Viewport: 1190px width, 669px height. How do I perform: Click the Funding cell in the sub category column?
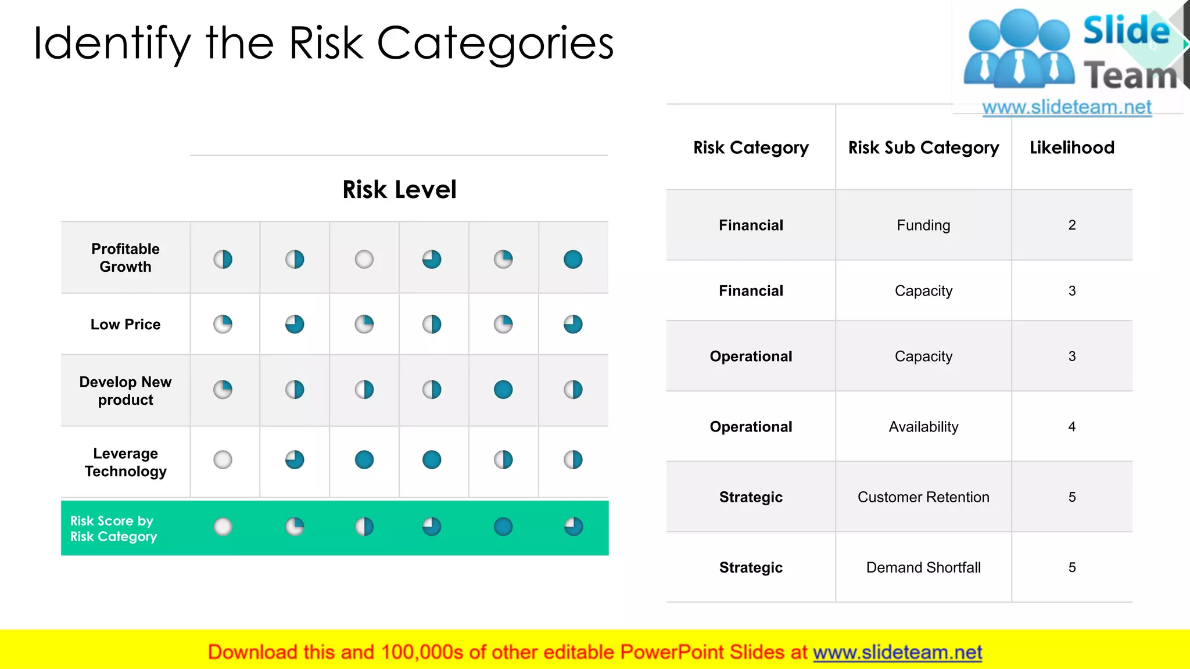point(923,225)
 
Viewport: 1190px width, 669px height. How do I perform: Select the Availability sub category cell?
point(923,427)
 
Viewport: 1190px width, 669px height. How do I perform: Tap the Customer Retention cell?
point(923,497)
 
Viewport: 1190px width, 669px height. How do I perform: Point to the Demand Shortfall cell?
point(923,567)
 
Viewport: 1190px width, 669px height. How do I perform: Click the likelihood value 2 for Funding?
point(1072,225)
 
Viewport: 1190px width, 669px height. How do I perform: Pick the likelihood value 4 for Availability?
point(1072,427)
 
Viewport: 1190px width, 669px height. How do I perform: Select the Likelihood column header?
point(1072,148)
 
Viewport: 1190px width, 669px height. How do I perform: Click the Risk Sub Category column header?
point(923,148)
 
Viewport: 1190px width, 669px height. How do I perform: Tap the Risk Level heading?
point(399,189)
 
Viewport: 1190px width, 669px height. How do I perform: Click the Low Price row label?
point(126,325)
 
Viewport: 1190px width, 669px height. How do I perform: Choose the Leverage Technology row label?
point(126,462)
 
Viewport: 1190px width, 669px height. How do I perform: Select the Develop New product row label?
point(126,391)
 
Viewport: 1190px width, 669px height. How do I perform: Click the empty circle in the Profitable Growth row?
point(364,259)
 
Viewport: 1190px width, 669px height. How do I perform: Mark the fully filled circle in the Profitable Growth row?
point(573,259)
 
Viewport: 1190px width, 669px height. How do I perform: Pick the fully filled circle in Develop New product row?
point(503,389)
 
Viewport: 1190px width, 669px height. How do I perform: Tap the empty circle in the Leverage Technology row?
point(223,460)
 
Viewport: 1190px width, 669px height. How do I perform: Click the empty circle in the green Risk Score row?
point(223,527)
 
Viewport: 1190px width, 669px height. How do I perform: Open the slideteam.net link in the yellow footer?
point(897,652)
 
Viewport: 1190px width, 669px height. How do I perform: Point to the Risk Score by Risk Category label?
point(114,528)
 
